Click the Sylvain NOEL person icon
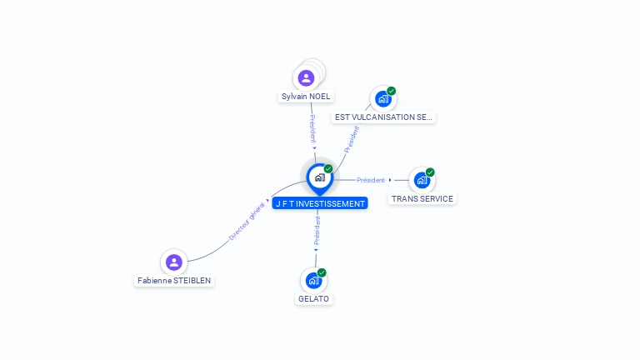click(x=306, y=78)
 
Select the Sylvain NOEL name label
click(x=306, y=97)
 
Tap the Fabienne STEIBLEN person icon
click(x=174, y=262)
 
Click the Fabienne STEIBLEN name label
click(x=174, y=280)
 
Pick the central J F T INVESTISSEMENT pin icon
click(x=320, y=178)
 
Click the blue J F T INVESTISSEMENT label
click(x=320, y=203)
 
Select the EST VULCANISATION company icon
click(x=382, y=99)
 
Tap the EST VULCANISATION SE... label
click(x=383, y=117)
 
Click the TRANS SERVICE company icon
click(x=422, y=180)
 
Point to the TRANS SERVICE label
click(x=422, y=199)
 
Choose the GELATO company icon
click(x=313, y=280)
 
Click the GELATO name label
click(x=313, y=299)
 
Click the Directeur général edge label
click(x=247, y=222)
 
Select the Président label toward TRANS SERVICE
click(x=371, y=180)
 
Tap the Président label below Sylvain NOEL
click(x=312, y=128)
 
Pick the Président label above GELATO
click(x=317, y=231)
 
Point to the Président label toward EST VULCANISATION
click(x=352, y=140)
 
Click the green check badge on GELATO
click(x=322, y=272)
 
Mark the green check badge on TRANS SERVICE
click(x=430, y=172)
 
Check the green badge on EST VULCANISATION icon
click(x=391, y=91)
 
